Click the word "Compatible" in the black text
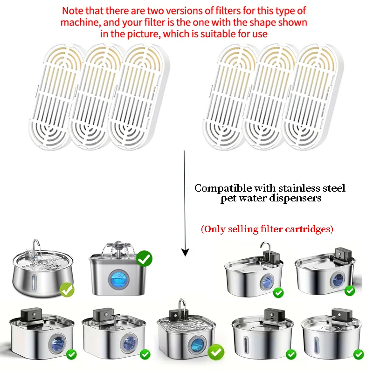[x=223, y=188]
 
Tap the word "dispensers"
[x=297, y=199]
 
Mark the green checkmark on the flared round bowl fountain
[x=68, y=290]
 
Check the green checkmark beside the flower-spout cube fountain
[x=145, y=258]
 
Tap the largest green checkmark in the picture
[x=216, y=352]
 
